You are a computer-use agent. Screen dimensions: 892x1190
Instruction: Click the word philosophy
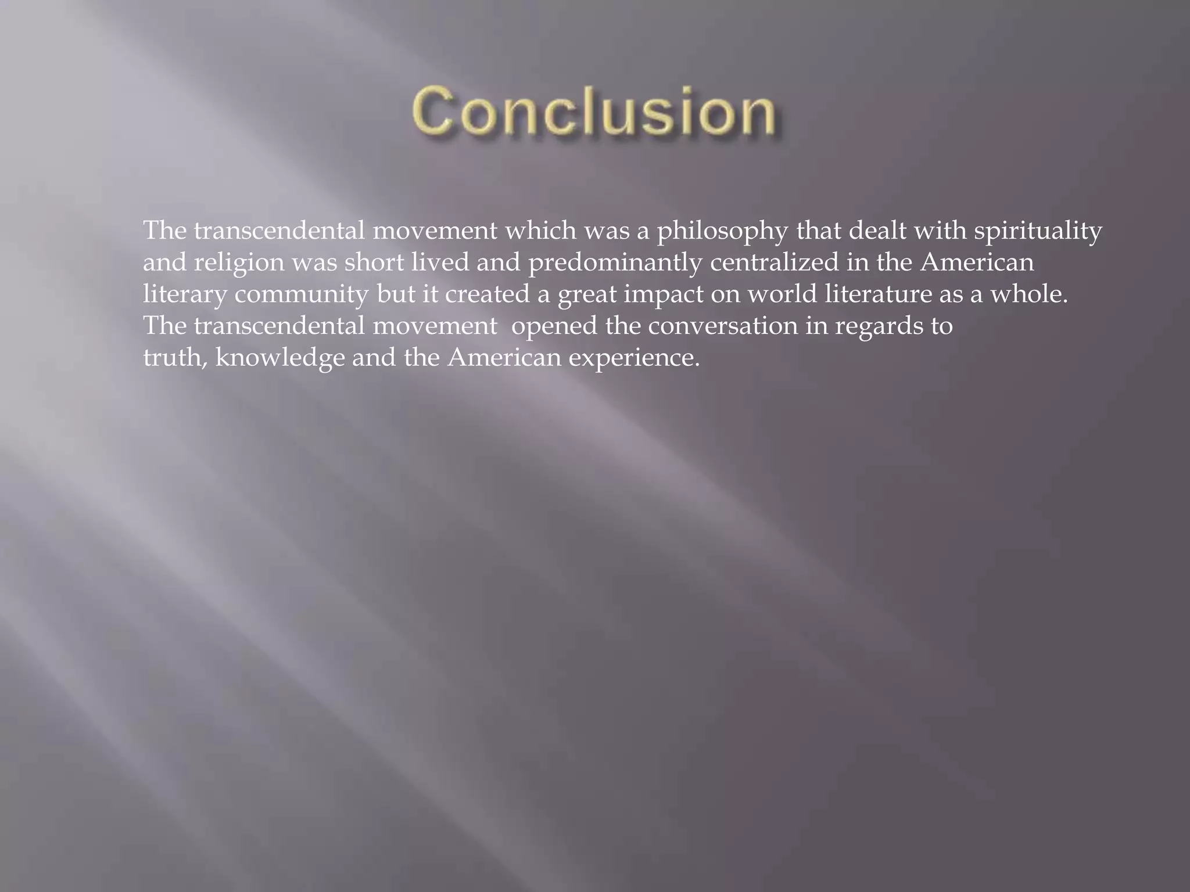pyautogui.click(x=722, y=231)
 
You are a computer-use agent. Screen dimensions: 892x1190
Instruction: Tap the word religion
pyautogui.click(x=239, y=262)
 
